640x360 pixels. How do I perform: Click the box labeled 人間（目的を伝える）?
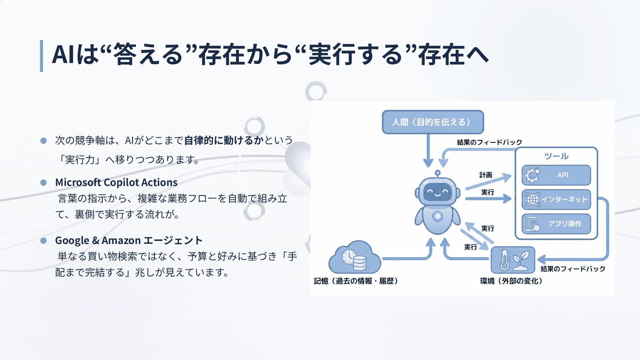coord(433,122)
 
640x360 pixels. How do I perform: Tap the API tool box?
coord(556,175)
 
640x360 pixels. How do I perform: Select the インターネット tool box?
coord(556,199)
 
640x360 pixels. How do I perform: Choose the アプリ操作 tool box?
coord(556,224)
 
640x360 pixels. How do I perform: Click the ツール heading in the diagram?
coord(556,156)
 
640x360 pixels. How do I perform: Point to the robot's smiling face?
coord(437,192)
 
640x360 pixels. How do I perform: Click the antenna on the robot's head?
coord(437,173)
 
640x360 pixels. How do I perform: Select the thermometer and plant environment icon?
coord(513,260)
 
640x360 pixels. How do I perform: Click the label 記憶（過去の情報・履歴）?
coord(356,281)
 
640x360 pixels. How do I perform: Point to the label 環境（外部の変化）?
coord(511,281)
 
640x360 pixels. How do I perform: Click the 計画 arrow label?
coord(486,175)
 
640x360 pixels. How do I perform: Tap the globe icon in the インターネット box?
coord(532,199)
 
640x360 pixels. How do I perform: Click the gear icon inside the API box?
coord(532,175)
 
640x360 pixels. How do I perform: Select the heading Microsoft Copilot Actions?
coord(116,182)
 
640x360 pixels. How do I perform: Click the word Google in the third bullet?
coord(72,240)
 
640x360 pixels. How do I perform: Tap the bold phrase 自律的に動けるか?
coord(224,140)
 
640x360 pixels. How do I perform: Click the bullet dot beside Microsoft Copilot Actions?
coord(43,183)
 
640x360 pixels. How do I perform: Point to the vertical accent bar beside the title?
coord(41,56)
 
